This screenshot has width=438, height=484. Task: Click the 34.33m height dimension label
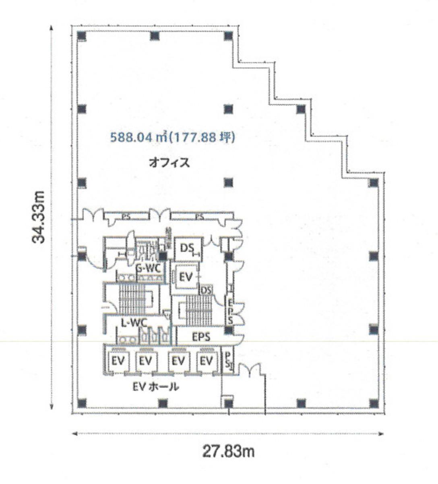pos(39,217)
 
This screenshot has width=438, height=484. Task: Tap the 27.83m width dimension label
pos(228,451)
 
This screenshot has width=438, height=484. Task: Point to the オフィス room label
pos(169,163)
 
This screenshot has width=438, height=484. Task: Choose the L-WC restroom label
pos(134,322)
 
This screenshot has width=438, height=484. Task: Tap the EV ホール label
pos(155,387)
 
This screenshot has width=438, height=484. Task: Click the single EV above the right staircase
pos(186,277)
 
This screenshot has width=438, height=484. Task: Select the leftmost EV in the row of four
pos(118,361)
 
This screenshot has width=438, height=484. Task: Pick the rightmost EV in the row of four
pos(206,361)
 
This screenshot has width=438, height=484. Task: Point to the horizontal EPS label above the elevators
pos(201,337)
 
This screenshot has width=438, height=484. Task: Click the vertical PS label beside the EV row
pos(227,360)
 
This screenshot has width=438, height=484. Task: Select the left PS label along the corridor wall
pos(126,217)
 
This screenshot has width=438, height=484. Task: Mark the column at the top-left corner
pos(82,36)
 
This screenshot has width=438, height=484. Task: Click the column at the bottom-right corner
pos(373,403)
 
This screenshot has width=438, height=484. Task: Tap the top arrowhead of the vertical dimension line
pos(51,28)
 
